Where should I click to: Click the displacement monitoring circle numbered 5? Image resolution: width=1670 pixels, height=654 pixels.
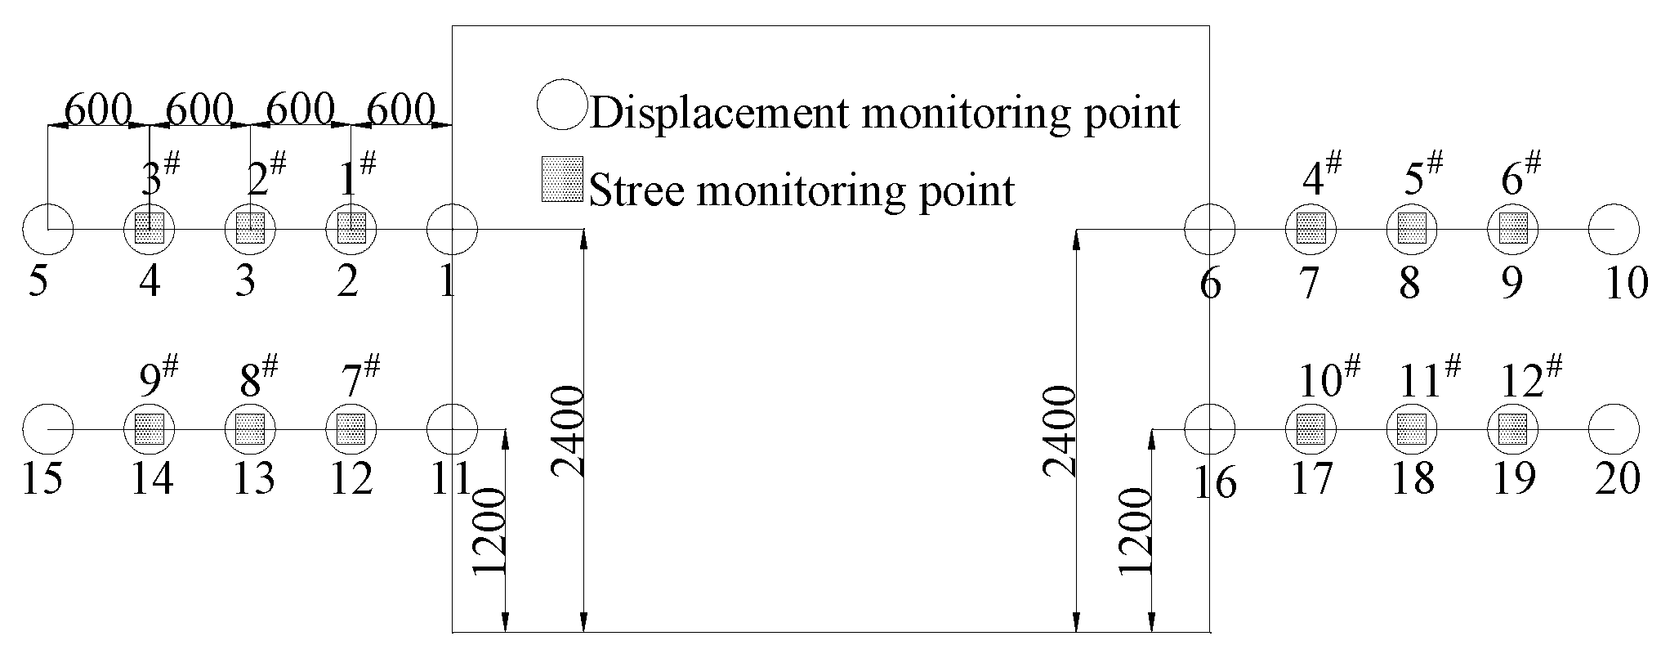click(x=47, y=230)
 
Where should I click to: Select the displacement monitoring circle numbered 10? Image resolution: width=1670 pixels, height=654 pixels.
click(x=1614, y=230)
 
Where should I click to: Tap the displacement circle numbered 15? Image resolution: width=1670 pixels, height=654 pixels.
click(x=47, y=429)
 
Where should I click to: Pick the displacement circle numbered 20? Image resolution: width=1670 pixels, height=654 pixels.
click(x=1614, y=429)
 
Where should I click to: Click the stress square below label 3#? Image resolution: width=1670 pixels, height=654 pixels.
click(x=150, y=228)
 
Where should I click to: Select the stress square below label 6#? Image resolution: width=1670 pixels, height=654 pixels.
click(x=1512, y=228)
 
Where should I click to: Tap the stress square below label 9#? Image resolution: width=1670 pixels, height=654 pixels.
click(x=150, y=429)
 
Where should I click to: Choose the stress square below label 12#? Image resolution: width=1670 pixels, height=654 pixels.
click(x=1512, y=429)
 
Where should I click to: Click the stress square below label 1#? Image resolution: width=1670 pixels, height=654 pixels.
click(x=351, y=228)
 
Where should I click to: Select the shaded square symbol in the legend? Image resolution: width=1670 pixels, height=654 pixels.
click(x=562, y=179)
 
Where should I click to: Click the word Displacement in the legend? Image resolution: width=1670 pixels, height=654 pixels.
click(x=720, y=113)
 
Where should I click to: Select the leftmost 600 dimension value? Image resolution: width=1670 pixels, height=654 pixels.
click(x=97, y=109)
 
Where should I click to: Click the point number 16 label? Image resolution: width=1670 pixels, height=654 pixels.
click(x=1215, y=484)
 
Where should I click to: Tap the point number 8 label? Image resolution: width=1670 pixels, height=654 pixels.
click(x=1409, y=284)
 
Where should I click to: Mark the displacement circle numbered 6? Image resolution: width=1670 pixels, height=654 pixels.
click(x=1209, y=230)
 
